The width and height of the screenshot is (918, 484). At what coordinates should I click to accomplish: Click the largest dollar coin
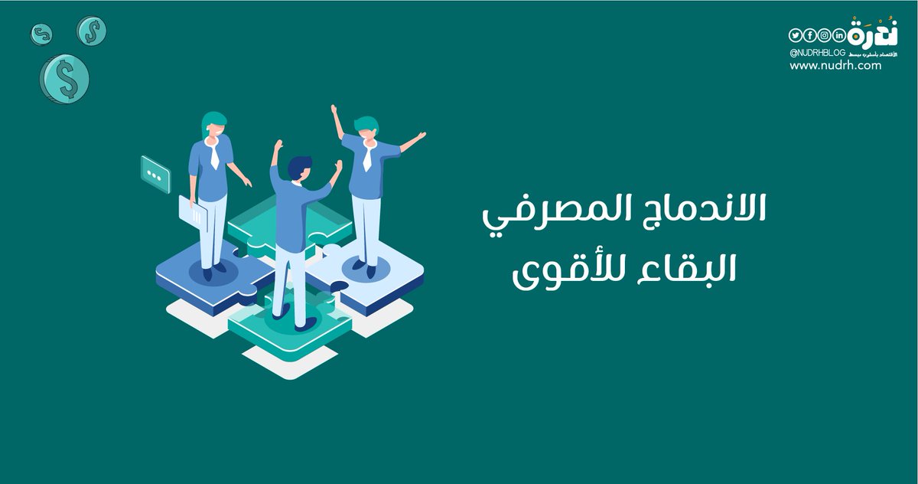pyautogui.click(x=65, y=78)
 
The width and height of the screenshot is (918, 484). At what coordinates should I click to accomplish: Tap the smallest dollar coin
pyautogui.click(x=41, y=34)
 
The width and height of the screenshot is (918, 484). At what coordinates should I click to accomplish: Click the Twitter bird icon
pyautogui.click(x=796, y=36)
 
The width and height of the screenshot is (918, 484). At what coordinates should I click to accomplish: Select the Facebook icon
pyautogui.click(x=810, y=36)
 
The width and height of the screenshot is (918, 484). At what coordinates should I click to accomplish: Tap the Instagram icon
pyautogui.click(x=825, y=36)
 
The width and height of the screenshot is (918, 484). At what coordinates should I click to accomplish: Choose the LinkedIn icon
pyautogui.click(x=839, y=36)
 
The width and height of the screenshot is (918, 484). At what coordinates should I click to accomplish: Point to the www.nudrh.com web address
pyautogui.click(x=835, y=66)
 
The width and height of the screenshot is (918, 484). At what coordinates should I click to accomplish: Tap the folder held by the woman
pyautogui.click(x=192, y=212)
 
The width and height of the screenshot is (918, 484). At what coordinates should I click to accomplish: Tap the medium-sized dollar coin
pyautogui.click(x=91, y=31)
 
